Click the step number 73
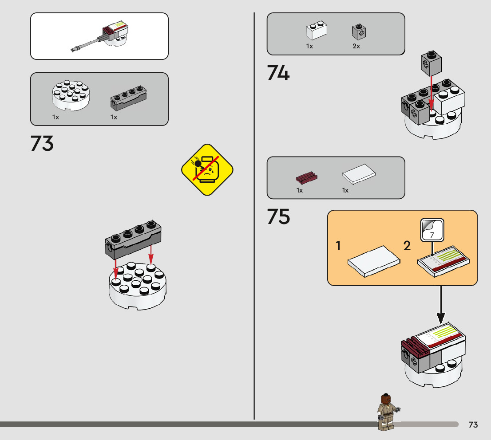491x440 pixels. (x=42, y=144)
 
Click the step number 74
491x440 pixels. (x=278, y=73)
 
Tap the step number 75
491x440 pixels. (x=278, y=217)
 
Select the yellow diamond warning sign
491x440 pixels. (x=207, y=170)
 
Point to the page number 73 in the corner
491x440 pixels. (x=473, y=425)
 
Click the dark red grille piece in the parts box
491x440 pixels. (x=307, y=178)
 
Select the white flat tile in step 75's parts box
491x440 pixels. (x=359, y=174)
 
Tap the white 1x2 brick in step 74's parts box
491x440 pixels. (x=317, y=31)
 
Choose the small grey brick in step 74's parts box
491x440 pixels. (x=359, y=31)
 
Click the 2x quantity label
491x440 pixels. (x=356, y=46)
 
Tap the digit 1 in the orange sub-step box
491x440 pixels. (x=338, y=246)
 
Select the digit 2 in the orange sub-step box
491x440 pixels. (x=407, y=246)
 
